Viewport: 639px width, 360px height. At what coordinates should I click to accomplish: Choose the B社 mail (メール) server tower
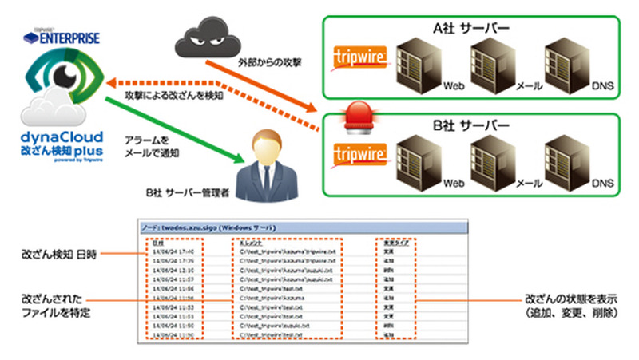pyautogui.click(x=493, y=158)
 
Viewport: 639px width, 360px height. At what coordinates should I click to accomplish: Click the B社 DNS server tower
pyautogui.click(x=566, y=158)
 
